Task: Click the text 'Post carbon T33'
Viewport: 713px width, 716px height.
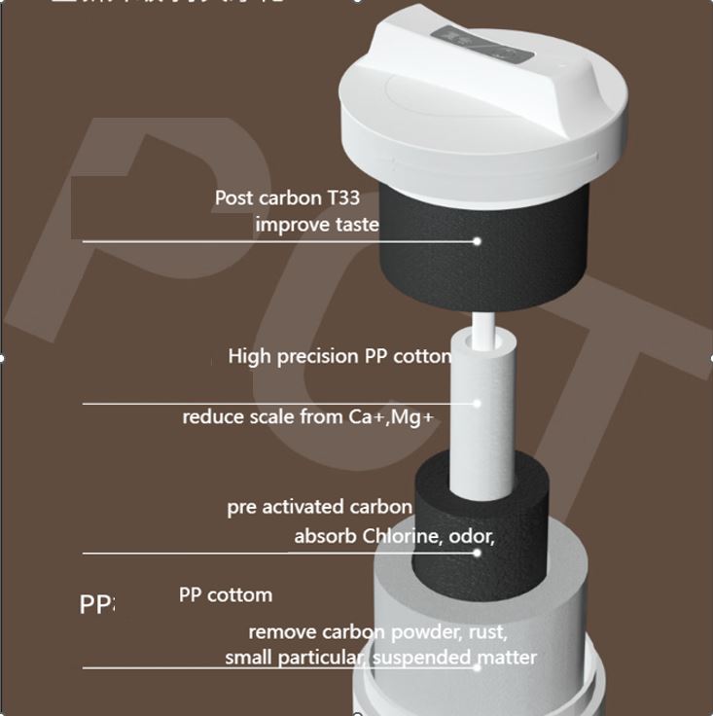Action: (287, 197)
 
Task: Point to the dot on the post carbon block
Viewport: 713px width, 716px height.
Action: (478, 240)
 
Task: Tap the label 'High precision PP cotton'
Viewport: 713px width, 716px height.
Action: (339, 356)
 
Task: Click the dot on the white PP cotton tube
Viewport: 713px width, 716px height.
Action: (478, 403)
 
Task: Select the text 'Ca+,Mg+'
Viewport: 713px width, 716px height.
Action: (390, 417)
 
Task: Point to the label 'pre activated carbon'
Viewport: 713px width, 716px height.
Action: (319, 507)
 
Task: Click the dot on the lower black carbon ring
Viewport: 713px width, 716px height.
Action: (478, 553)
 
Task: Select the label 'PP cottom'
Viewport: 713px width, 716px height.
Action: (226, 594)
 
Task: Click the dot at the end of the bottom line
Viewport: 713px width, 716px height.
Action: (478, 667)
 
